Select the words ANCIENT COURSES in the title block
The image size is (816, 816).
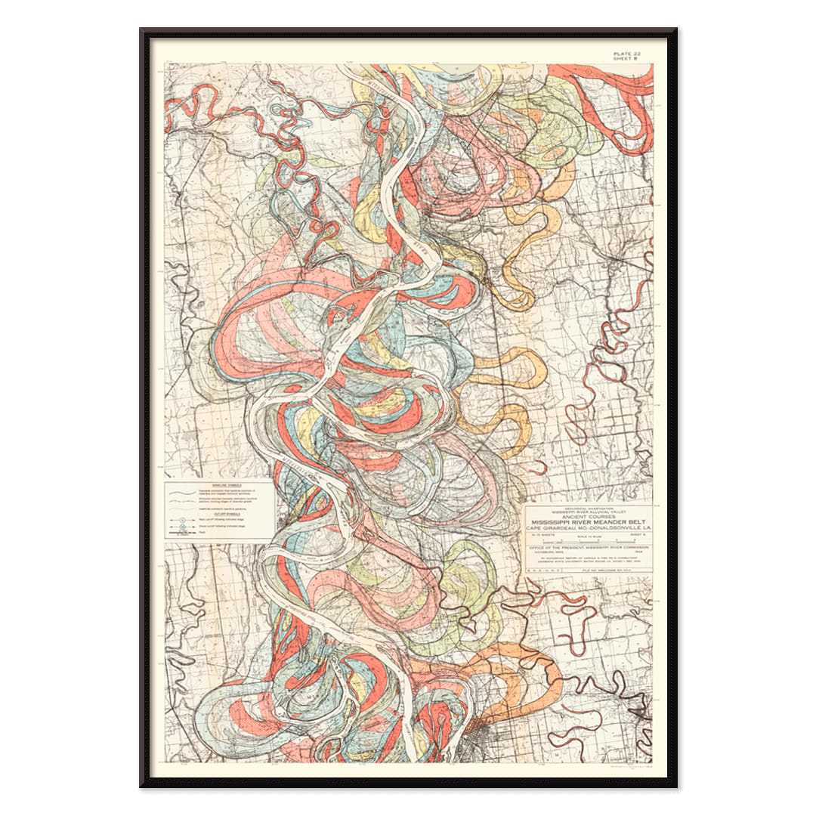point(589,517)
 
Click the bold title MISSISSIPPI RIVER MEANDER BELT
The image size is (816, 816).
point(589,522)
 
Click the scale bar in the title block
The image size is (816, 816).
point(589,542)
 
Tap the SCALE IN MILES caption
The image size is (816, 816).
point(589,536)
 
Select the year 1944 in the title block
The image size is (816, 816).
point(638,552)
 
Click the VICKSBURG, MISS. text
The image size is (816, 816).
point(549,552)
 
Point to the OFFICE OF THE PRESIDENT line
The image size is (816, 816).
point(589,548)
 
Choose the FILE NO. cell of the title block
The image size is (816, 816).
point(607,570)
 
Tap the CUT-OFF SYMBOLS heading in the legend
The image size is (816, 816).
point(227,514)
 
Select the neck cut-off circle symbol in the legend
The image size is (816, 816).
point(182,520)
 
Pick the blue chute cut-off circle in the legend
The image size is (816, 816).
point(183,527)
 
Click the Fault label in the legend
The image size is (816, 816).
point(202,532)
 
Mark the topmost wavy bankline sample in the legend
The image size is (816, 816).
point(182,493)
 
